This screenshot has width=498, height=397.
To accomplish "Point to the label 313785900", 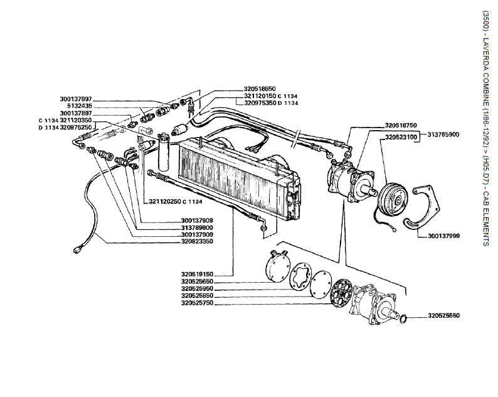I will tap(445, 134).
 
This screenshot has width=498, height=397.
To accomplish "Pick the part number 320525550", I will tap(444, 315).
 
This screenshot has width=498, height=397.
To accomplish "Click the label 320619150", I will tap(198, 274).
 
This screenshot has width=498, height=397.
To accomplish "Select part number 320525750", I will tap(198, 303).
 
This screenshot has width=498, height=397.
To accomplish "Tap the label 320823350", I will tap(197, 241).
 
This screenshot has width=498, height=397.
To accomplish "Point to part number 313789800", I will tap(197, 227).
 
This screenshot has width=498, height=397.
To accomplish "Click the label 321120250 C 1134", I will tap(176, 202).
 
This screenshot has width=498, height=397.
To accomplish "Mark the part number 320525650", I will tap(198, 282).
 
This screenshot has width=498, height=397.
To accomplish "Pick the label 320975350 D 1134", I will tap(270, 102).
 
